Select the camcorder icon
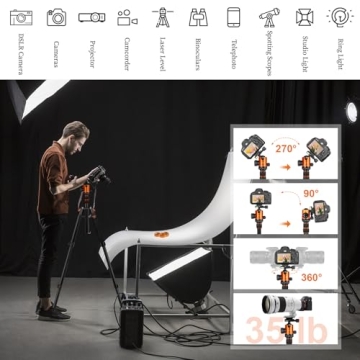click(x=127, y=16)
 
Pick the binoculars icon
click(x=197, y=16)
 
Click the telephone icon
click(x=233, y=16)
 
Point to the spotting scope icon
click(x=268, y=16)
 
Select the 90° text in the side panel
click(x=311, y=194)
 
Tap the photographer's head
click(x=75, y=133)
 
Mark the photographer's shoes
click(x=55, y=311)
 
